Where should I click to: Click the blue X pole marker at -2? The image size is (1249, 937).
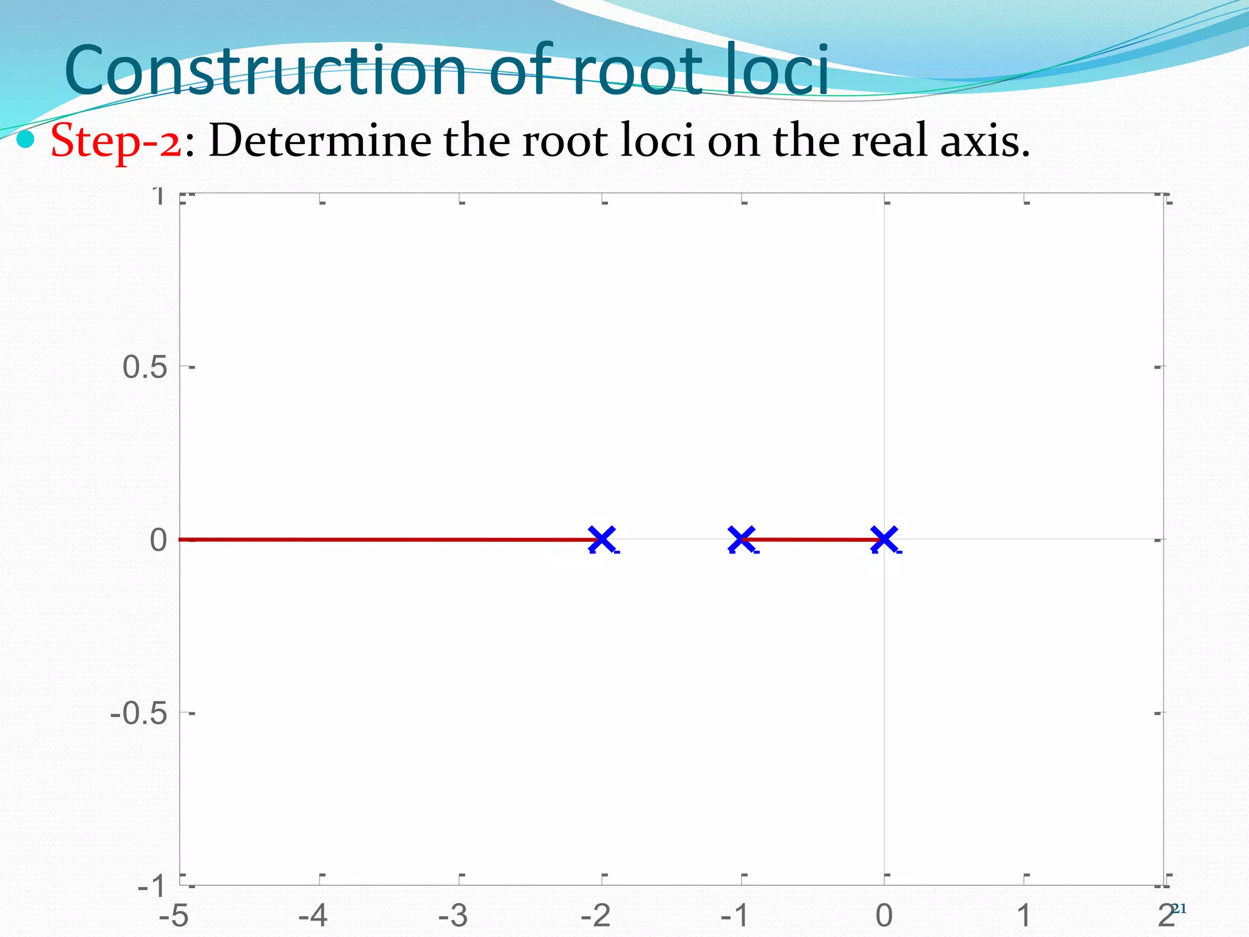(601, 539)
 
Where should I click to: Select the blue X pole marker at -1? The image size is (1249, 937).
(742, 539)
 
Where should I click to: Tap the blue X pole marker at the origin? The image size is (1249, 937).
(884, 539)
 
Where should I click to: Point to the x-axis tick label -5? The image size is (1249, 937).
(174, 916)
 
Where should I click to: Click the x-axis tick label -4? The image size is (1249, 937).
(313, 916)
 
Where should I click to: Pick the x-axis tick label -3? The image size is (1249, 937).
(453, 916)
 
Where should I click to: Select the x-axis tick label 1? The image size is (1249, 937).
(1024, 916)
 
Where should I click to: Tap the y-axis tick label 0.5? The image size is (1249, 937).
(145, 367)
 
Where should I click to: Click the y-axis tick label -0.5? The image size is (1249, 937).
(138, 713)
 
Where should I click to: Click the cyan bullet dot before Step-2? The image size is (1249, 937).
(26, 141)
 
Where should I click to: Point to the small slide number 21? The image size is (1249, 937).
(1179, 909)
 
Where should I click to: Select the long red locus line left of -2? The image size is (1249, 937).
(384, 539)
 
